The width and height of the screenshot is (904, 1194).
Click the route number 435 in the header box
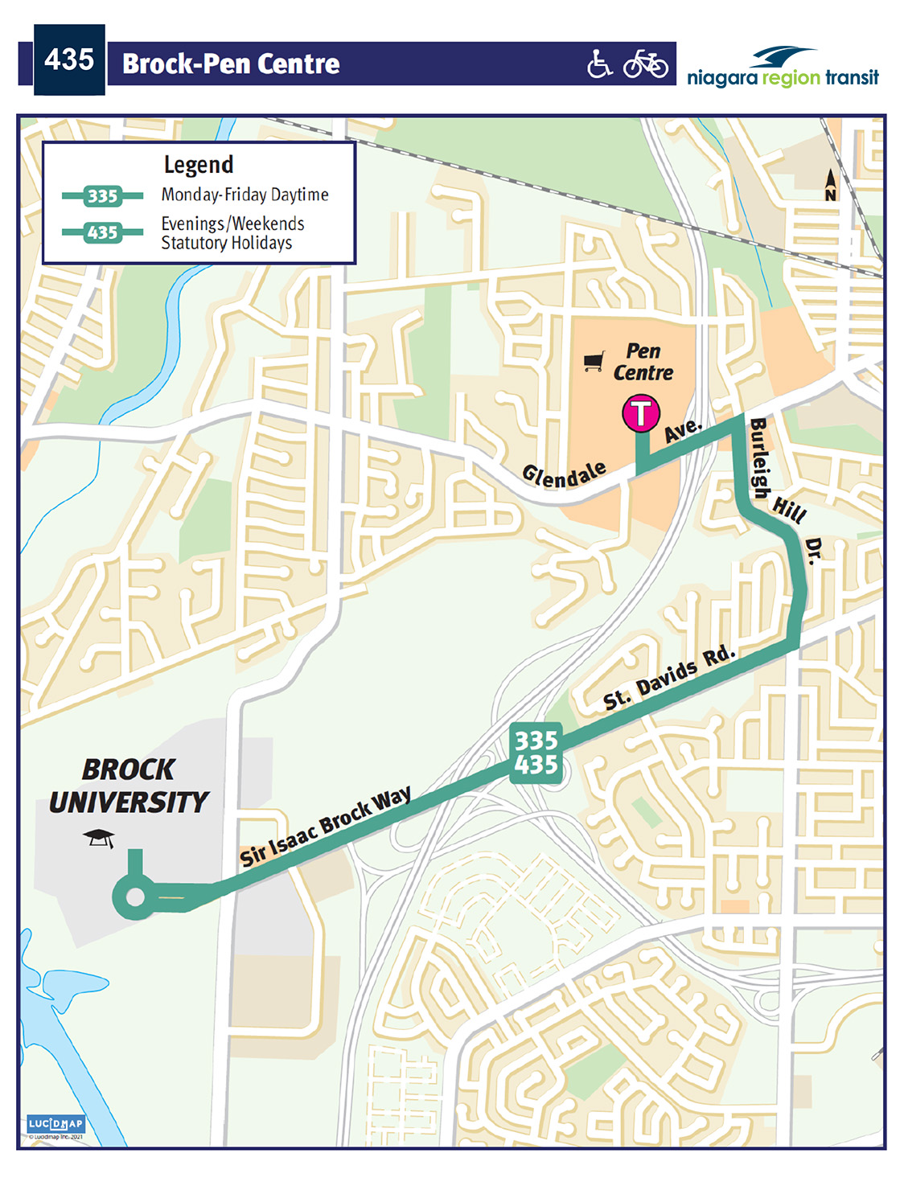point(69,59)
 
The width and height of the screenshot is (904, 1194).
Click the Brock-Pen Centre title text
point(231,64)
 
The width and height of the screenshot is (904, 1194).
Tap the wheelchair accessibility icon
point(599,64)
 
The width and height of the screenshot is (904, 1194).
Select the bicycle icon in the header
point(645,64)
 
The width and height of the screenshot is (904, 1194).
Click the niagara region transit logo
point(783,68)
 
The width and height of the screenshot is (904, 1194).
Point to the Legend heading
point(199,165)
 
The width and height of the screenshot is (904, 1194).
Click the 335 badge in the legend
point(102,196)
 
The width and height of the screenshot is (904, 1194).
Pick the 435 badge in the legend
point(102,233)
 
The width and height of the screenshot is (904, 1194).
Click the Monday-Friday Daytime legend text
point(244,195)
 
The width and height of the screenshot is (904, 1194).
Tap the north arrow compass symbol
point(830,184)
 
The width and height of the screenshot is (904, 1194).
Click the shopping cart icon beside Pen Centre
point(594,362)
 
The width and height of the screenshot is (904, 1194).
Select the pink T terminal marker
point(640,413)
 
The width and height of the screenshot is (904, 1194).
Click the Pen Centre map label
point(643,363)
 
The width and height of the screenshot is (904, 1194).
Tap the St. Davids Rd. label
point(669,678)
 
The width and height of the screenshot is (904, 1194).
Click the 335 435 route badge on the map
point(536,753)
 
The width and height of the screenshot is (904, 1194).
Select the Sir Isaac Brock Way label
point(325,827)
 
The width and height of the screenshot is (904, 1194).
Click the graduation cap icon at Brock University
point(99,838)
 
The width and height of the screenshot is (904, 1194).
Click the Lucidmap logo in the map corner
point(55,1124)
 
